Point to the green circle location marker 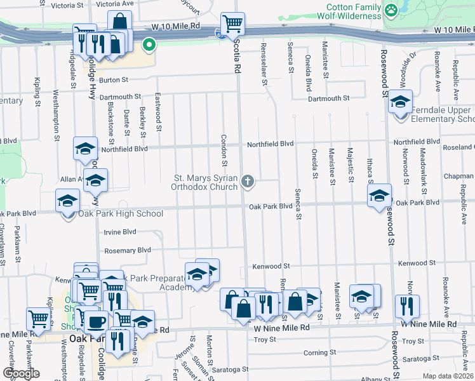click(149, 44)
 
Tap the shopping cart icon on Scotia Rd click(233, 24)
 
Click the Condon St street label click(224, 147)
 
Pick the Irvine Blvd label click(120, 232)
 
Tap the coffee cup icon click(97, 321)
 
